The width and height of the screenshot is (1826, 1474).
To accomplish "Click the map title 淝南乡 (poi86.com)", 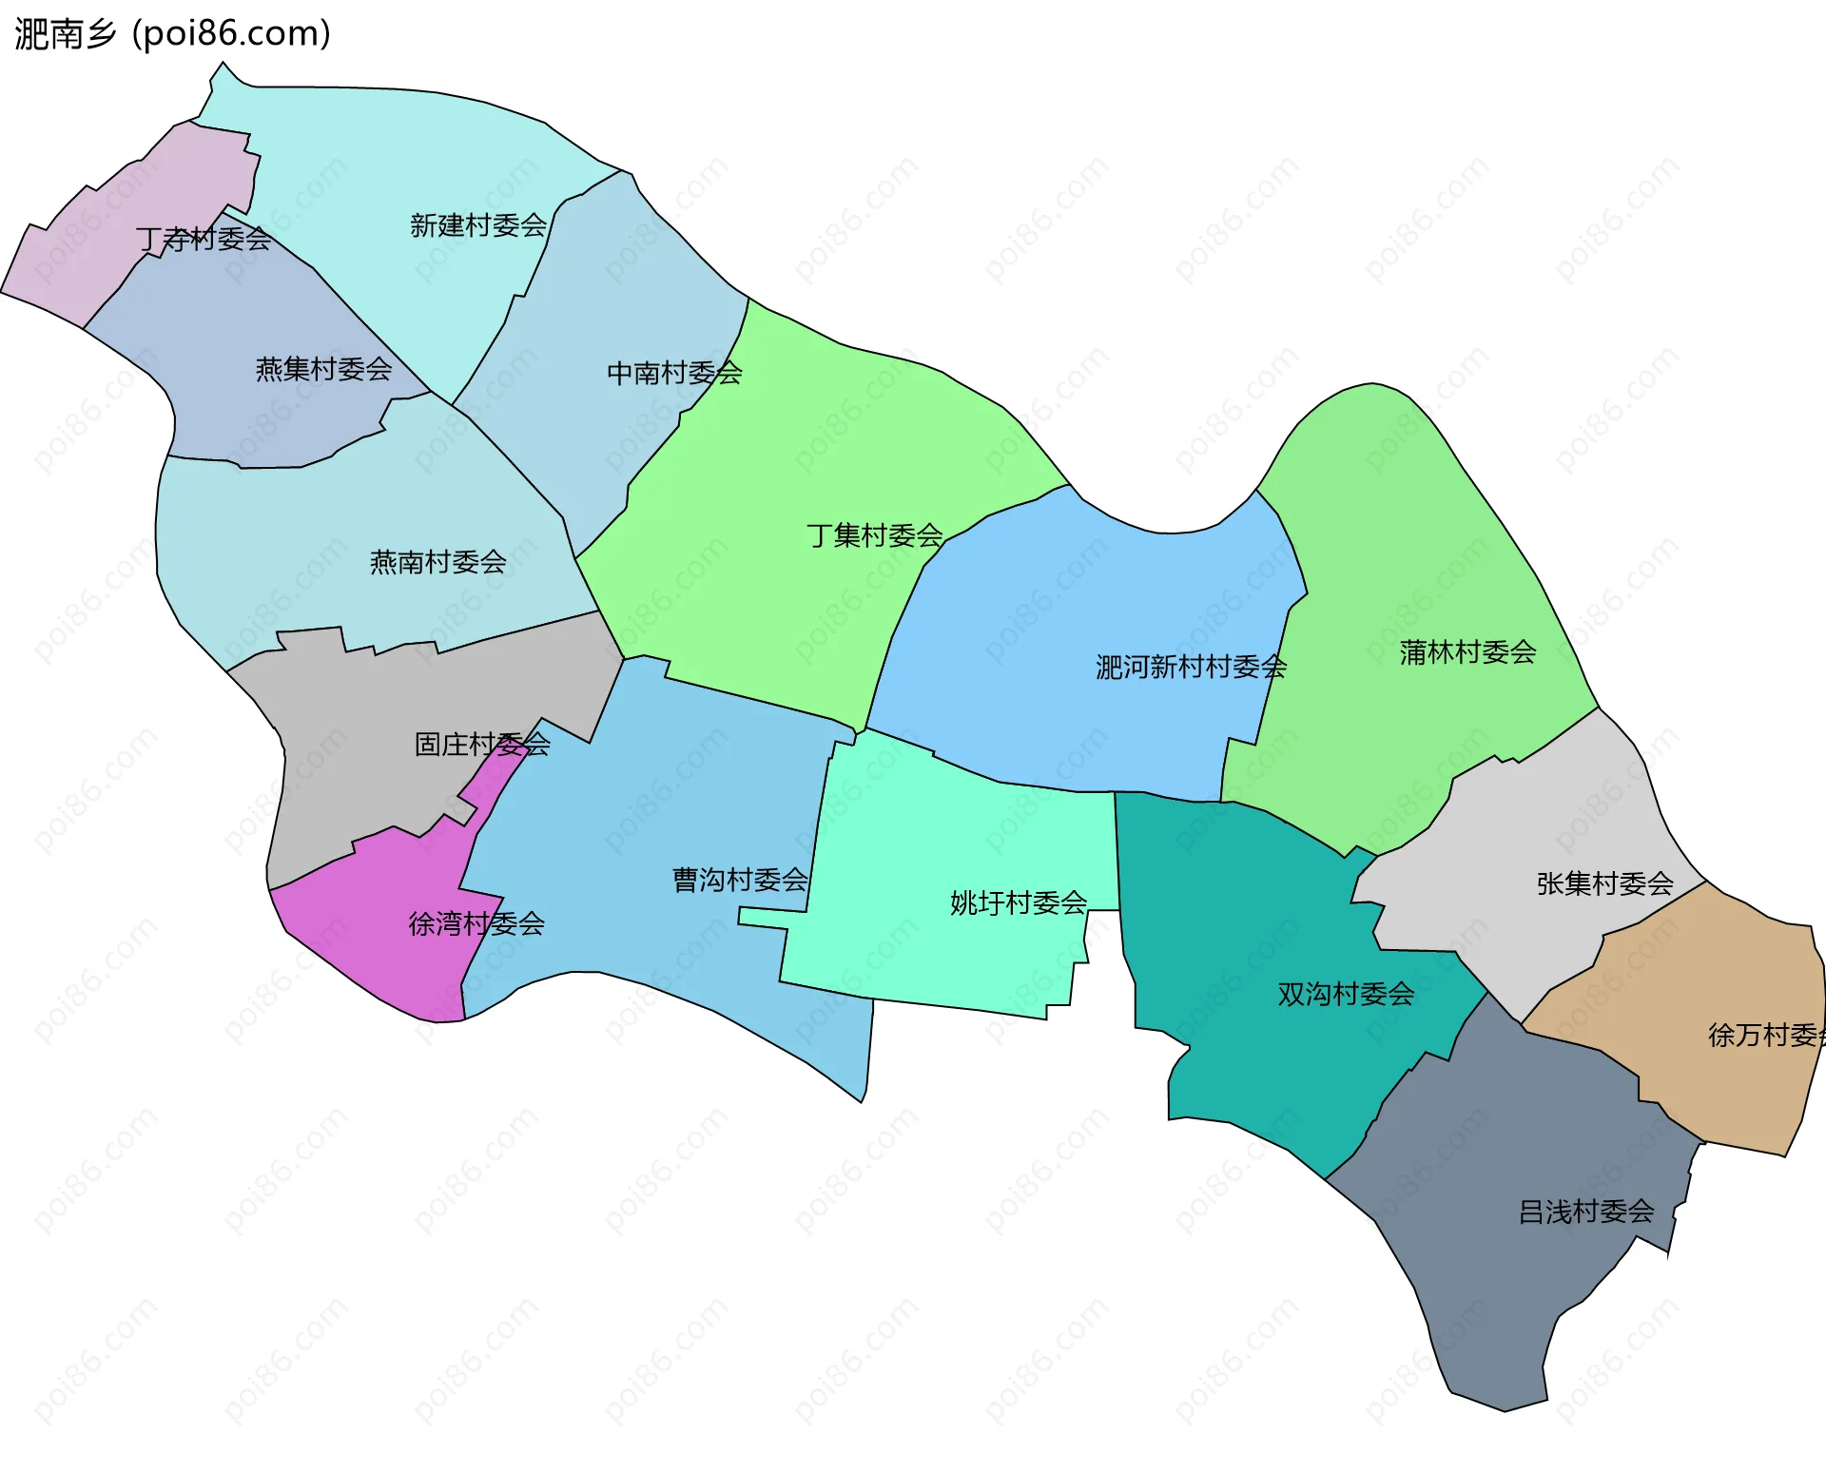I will click(x=172, y=34).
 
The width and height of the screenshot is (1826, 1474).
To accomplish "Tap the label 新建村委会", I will click(x=477, y=225).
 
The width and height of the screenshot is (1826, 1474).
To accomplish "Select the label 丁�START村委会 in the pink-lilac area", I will click(x=203, y=239).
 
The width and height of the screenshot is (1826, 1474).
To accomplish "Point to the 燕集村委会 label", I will click(x=323, y=369).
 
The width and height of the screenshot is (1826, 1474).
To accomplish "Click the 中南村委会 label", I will click(x=674, y=373).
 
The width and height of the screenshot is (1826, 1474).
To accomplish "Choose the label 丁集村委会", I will click(x=874, y=535).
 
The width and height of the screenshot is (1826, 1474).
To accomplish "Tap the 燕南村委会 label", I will click(x=437, y=562).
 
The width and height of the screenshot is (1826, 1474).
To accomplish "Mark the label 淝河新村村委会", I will click(x=1190, y=667).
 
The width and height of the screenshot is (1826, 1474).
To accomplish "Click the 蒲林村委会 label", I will click(x=1467, y=652).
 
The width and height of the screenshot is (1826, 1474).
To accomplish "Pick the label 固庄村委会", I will click(x=481, y=744).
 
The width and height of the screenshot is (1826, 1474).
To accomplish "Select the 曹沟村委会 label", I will click(x=739, y=880).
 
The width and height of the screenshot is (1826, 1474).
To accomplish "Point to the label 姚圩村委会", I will click(x=1018, y=902).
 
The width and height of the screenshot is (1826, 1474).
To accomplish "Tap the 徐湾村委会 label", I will click(x=476, y=923).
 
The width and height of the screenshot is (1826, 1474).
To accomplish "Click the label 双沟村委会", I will click(x=1345, y=994).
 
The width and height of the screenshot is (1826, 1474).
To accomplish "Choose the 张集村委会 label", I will click(x=1604, y=883).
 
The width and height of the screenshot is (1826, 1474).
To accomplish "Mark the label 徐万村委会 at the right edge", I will click(x=1765, y=1035).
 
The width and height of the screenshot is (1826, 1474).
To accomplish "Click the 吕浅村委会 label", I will click(x=1585, y=1212).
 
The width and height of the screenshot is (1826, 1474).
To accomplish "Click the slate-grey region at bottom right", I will click(x=1522, y=1284).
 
